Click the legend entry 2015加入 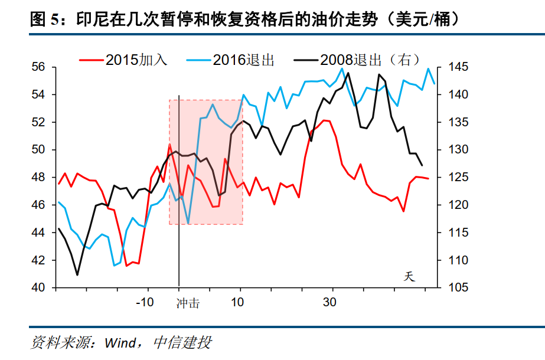coord(123,60)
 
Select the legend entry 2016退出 coord(230,60)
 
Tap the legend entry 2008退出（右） coord(358,60)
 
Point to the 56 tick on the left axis coord(38,67)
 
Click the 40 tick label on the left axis coord(38,287)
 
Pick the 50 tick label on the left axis coord(38,149)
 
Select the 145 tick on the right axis coord(458,67)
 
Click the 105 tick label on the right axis coord(458,287)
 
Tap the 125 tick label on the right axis coord(458,177)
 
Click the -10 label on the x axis coord(145,302)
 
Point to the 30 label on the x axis coord(329,302)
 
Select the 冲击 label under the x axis coord(188,303)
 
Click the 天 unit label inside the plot coord(409,277)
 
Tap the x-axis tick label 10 coord(237,302)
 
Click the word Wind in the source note coord(120,343)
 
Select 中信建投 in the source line coord(182,343)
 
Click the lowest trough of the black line coord(77,275)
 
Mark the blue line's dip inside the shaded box coord(188,223)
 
